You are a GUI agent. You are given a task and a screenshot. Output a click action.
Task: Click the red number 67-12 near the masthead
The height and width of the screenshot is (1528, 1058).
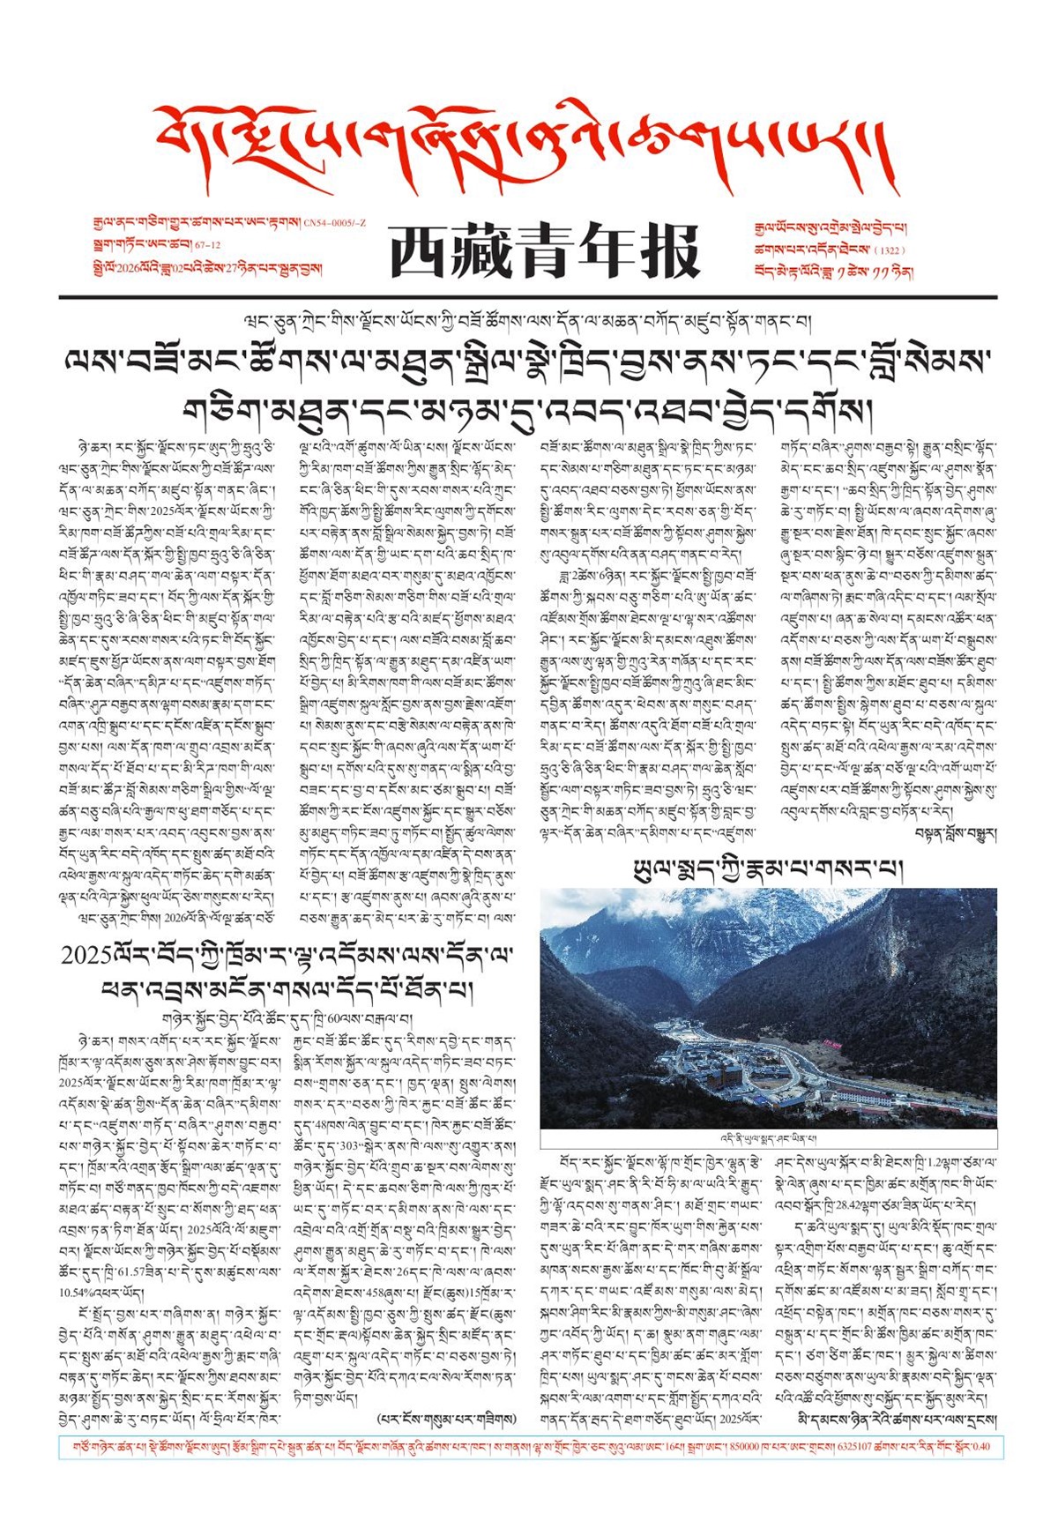pos(208,245)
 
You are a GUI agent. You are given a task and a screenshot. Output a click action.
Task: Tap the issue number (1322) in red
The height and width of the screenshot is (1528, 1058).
pos(889,250)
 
